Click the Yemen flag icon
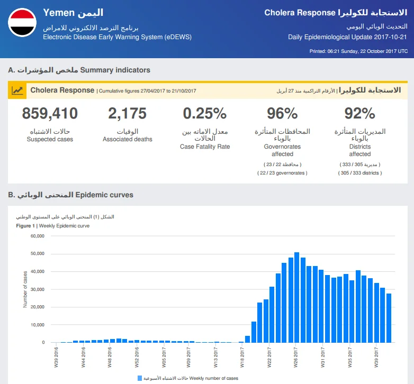coord(22,22)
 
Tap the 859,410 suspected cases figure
coord(50,113)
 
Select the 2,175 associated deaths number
coord(127,113)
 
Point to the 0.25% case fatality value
coord(205,113)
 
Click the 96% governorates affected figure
coord(282,113)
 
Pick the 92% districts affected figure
coord(359,113)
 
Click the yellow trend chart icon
coord(17,91)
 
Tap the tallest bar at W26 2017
coord(297,297)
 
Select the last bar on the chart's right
coord(389,318)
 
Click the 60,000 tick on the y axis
coord(38,236)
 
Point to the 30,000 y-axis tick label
coord(38,289)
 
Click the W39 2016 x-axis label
coord(56,358)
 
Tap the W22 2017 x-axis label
coord(269,358)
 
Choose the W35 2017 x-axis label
coord(350,358)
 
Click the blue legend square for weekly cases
coord(140,379)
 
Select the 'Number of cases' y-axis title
coord(25,289)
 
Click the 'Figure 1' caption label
coord(25,226)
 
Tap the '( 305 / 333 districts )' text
coord(360,173)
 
